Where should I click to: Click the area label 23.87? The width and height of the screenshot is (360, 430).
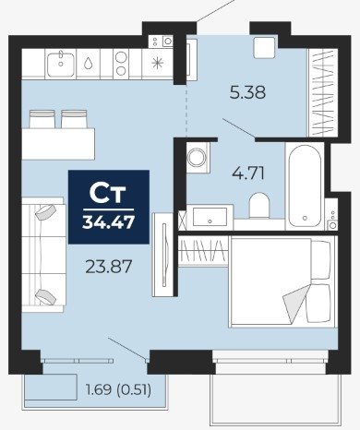(109, 267)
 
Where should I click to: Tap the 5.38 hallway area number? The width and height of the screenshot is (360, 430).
(247, 92)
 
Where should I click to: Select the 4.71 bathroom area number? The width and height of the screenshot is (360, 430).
(248, 173)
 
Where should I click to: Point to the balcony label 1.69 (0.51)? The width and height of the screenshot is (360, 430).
(119, 390)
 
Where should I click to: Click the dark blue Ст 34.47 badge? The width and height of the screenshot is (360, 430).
(109, 207)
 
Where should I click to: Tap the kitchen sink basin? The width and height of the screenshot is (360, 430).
(60, 64)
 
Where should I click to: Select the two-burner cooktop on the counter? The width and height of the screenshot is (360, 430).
(121, 64)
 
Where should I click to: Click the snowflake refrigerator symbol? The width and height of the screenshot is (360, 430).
(157, 63)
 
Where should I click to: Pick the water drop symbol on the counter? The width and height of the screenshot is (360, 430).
(89, 64)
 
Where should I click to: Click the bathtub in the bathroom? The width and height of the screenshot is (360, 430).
(305, 186)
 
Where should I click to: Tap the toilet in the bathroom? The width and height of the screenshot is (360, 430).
(259, 206)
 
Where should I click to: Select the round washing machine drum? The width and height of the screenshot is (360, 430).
(197, 157)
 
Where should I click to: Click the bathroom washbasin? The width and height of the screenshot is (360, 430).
(210, 217)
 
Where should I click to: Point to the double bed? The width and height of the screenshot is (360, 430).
(282, 281)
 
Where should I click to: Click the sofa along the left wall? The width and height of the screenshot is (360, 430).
(43, 255)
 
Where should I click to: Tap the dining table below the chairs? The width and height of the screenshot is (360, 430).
(58, 144)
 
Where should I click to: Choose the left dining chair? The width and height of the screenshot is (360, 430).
(42, 119)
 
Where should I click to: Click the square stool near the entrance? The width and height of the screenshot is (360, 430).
(264, 48)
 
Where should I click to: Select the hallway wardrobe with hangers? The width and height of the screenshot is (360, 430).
(322, 92)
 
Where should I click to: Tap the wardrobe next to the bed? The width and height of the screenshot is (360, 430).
(203, 251)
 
